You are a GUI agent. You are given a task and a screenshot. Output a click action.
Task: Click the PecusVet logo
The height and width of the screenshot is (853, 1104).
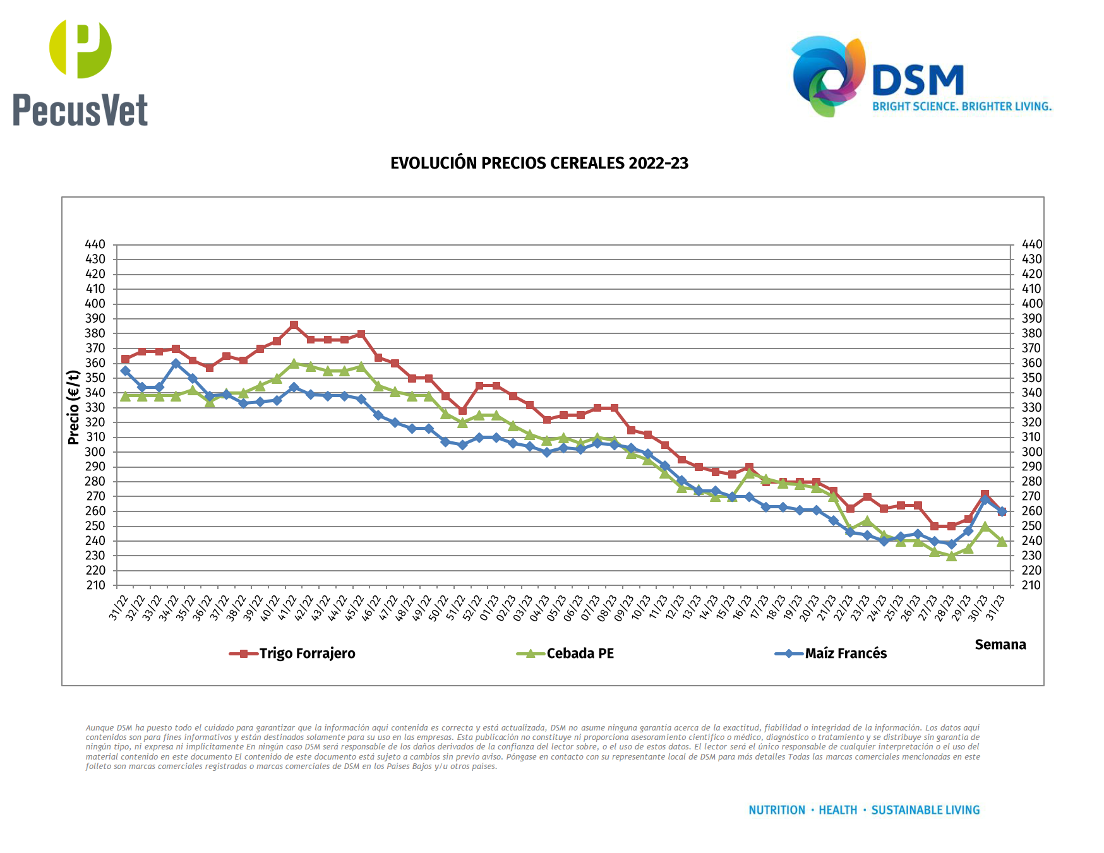pos(80,73)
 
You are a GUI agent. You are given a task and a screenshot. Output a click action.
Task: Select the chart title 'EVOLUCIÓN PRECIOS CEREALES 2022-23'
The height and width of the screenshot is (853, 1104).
pos(539,164)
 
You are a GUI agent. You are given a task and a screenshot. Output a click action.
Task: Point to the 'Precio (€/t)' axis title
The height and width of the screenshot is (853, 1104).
pos(73,407)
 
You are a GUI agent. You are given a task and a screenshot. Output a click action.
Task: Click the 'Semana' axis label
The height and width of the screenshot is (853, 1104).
pos(1000,645)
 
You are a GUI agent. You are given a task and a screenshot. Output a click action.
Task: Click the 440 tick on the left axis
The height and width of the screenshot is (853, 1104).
pos(95,244)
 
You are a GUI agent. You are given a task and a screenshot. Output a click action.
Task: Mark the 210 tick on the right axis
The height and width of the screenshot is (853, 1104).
pos(1032,585)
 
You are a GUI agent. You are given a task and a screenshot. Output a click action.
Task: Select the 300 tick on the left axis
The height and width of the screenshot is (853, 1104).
pos(95,452)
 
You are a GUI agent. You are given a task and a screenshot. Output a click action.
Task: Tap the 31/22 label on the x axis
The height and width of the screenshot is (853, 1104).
pos(119,607)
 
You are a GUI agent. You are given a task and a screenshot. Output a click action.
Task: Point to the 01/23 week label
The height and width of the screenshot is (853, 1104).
pos(489,607)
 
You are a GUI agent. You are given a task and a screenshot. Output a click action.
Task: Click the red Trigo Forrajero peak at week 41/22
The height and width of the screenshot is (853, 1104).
pos(294,325)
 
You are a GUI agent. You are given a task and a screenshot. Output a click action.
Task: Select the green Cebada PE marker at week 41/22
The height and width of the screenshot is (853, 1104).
pos(294,364)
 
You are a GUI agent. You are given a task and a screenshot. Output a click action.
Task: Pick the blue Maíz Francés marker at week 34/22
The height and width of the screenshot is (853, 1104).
pos(176,364)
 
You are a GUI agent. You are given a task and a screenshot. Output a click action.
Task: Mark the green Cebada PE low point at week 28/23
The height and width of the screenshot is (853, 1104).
pos(951,556)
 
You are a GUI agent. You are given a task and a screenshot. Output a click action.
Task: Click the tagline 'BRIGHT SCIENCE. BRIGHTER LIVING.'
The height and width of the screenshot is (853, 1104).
pos(961,107)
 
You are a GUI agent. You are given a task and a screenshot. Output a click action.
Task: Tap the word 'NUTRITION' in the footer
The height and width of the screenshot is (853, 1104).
pos(777,810)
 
